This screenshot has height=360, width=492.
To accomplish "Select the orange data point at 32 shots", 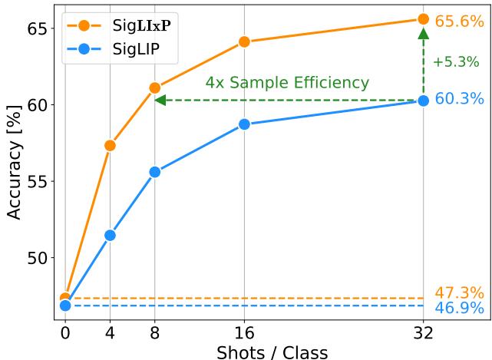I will [x=423, y=19].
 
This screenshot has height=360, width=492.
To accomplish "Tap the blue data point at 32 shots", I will [x=423, y=101].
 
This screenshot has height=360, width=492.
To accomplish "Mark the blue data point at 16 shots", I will [x=244, y=124].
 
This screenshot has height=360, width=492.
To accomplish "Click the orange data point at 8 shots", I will [x=154, y=88].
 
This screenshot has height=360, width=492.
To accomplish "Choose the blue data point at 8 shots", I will [x=154, y=172].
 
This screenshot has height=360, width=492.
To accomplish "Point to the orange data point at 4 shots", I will [x=110, y=145].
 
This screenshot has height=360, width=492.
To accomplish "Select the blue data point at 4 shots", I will [x=110, y=235].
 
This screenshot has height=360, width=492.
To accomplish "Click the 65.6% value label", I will [x=459, y=21].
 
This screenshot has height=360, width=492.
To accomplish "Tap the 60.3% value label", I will [x=459, y=99].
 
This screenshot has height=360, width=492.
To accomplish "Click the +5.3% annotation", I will [x=455, y=62].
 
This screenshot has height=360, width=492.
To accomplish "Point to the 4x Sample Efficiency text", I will [x=286, y=82].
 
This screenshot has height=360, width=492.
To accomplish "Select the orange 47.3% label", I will [x=459, y=292].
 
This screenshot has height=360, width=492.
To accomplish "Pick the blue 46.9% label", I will [x=459, y=309].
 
